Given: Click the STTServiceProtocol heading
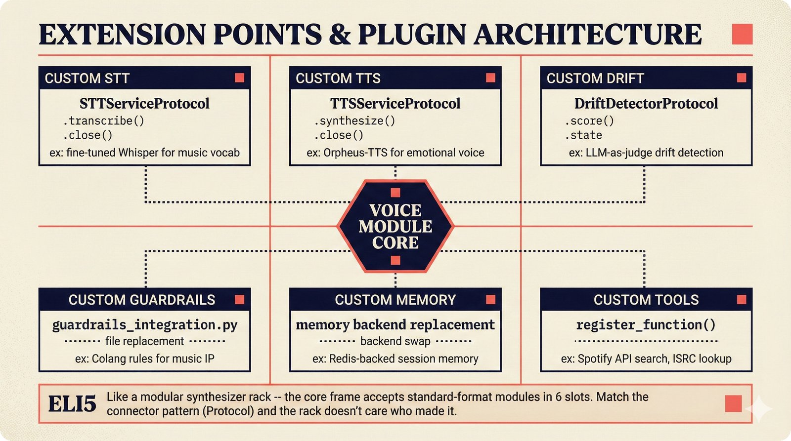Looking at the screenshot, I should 144,103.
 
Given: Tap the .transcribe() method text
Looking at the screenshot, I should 103,121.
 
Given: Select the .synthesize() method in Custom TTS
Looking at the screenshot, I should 354,121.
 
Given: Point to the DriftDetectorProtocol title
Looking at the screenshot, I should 646,103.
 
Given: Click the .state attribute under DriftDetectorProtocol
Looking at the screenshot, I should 583,135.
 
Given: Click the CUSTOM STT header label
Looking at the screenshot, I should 87,79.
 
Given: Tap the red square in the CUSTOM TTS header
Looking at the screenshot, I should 490,78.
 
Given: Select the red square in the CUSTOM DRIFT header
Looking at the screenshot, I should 742,78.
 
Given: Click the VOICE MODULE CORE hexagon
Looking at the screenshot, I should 395,226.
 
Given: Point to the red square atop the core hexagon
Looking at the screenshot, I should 395,193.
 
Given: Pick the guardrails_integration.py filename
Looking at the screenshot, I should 145,324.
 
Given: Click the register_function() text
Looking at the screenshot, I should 646,324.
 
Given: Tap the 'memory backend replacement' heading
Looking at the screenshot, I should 395,324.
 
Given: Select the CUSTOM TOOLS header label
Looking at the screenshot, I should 646,300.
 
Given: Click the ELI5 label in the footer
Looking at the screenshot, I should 72,404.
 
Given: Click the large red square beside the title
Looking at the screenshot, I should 742,34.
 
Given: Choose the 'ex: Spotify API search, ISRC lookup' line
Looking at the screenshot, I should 646,359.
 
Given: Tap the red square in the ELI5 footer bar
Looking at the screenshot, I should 733,403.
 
